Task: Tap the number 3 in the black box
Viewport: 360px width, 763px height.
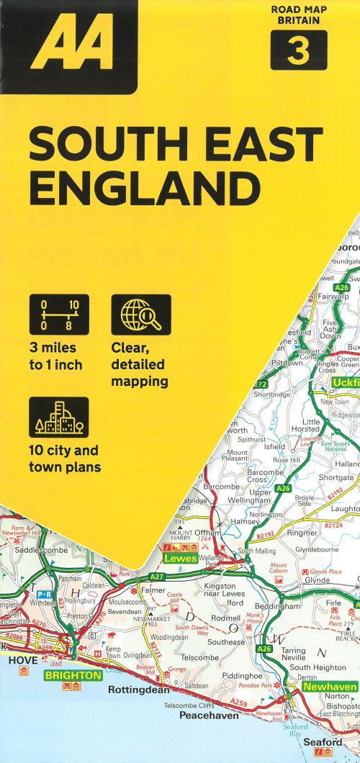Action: tap(298, 50)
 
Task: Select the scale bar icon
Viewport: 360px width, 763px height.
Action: tap(59, 315)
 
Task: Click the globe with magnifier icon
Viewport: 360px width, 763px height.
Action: tap(140, 315)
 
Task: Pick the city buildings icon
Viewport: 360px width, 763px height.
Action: tap(59, 417)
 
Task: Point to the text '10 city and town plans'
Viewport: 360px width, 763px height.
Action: tap(65, 459)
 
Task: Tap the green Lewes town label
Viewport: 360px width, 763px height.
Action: tap(180, 558)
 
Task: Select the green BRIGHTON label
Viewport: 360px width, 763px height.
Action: tap(72, 676)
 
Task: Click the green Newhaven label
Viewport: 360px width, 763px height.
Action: tap(330, 687)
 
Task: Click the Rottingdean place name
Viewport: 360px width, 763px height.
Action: tap(138, 690)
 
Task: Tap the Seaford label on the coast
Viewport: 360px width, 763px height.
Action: tap(323, 741)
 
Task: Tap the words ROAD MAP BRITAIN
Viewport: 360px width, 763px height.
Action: tap(298, 15)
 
